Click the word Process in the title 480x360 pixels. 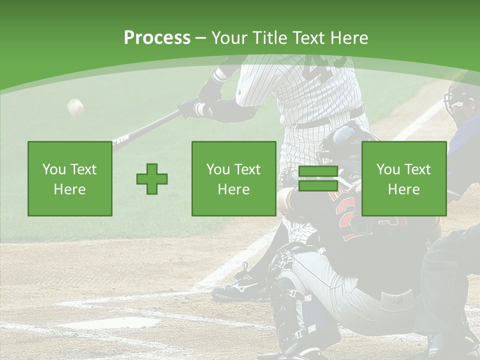click(157, 38)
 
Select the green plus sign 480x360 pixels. click(152, 179)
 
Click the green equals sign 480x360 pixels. click(318, 179)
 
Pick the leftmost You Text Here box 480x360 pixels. click(70, 179)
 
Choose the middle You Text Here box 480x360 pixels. click(234, 179)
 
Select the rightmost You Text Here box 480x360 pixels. click(404, 179)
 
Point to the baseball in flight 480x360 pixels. click(75, 106)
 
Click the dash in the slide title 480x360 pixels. click(200, 38)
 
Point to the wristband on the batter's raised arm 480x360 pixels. click(220, 76)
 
